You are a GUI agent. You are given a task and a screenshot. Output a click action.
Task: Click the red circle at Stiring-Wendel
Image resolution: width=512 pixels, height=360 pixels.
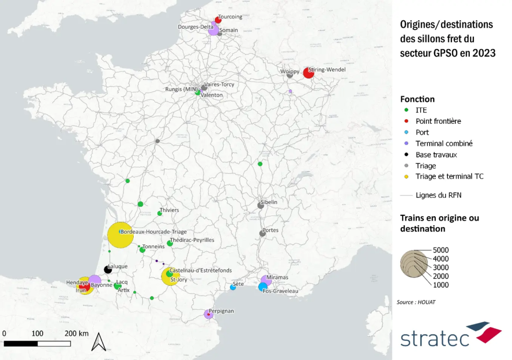tap(308, 73)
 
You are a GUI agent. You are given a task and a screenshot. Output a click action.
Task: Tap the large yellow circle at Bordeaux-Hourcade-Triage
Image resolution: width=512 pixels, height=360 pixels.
tap(121, 235)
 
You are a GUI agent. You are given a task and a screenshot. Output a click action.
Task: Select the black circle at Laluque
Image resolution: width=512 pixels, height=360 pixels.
tap(108, 270)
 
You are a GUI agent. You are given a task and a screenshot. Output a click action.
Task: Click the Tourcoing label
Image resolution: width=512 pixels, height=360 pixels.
tap(230, 17)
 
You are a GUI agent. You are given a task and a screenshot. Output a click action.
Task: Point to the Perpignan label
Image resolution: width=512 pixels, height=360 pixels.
tap(221, 311)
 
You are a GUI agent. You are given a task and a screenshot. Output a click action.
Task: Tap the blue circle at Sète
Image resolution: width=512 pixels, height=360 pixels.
tap(233, 287)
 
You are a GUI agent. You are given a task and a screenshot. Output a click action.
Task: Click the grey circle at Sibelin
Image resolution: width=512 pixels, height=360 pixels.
tap(261, 205)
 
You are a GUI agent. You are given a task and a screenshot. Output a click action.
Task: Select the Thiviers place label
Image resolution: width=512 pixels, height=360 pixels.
tap(169, 210)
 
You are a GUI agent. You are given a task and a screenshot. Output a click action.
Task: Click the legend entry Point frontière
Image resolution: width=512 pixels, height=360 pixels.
tap(438, 121)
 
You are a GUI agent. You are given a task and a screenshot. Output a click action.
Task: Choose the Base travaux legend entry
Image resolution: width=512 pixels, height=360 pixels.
tap(436, 155)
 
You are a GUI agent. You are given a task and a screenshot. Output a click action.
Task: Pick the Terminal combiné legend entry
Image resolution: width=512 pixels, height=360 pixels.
tap(444, 143)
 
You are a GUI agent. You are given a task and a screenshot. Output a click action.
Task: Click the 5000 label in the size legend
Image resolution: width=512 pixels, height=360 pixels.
tap(441, 250)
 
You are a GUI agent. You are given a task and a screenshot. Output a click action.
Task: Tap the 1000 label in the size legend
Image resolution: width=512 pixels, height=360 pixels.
tap(441, 285)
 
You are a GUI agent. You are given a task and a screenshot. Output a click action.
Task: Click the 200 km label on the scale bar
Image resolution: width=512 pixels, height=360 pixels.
tap(76, 333)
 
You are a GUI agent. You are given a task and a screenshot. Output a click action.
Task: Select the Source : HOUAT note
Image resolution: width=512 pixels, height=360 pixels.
tap(416, 302)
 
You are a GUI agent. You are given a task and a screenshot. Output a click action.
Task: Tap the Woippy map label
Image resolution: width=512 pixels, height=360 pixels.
tap(290, 69)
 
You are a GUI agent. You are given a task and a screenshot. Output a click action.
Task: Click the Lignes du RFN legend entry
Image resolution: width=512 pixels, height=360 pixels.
tap(438, 195)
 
